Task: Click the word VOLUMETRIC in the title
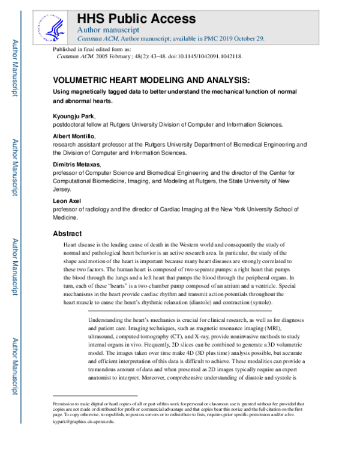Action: [x=84, y=79]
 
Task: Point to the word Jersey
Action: [x=63, y=189]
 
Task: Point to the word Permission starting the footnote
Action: [x=64, y=404]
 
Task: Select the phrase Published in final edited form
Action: [x=91, y=48]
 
